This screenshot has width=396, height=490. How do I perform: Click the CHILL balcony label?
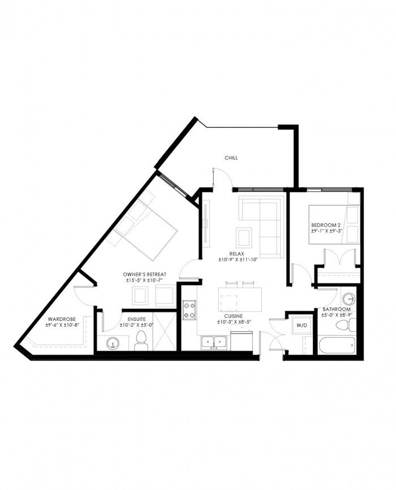[x=231, y=158]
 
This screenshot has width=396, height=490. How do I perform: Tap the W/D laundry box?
[x=302, y=326]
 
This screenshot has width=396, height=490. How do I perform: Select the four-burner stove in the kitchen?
[x=190, y=310]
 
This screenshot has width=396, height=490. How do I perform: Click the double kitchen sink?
[x=214, y=342]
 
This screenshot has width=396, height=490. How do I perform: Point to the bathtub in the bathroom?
[x=337, y=346]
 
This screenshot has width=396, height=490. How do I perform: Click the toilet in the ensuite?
[x=141, y=340]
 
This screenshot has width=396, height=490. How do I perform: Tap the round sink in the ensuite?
[x=113, y=344]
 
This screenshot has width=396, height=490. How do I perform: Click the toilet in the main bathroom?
[x=346, y=326]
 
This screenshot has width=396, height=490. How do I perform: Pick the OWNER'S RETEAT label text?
[x=144, y=274]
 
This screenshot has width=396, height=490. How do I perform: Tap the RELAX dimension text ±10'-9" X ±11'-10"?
[x=238, y=259]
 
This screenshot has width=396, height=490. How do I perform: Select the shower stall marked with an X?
[x=165, y=331]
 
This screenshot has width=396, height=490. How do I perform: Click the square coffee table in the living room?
[x=244, y=238]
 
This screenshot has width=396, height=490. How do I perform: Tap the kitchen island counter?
[x=240, y=300]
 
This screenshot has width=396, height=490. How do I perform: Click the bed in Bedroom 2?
[x=334, y=224]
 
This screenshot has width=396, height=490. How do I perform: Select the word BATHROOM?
[x=337, y=309]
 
